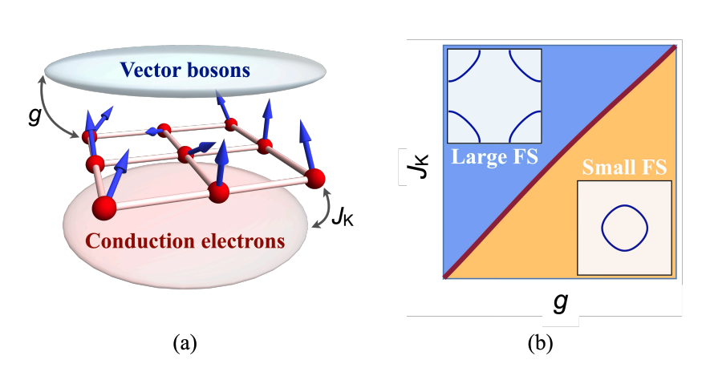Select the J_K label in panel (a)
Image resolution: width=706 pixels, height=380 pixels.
coord(343,216)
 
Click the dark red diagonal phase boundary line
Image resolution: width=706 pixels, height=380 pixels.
coord(562,160)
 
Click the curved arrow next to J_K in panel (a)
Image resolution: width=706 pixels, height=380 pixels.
coord(323,209)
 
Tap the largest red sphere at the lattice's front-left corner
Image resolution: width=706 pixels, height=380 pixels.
coord(104,208)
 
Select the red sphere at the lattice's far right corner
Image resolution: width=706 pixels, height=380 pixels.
coord(314,177)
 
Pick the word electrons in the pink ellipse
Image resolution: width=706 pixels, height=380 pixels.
coord(243,240)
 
